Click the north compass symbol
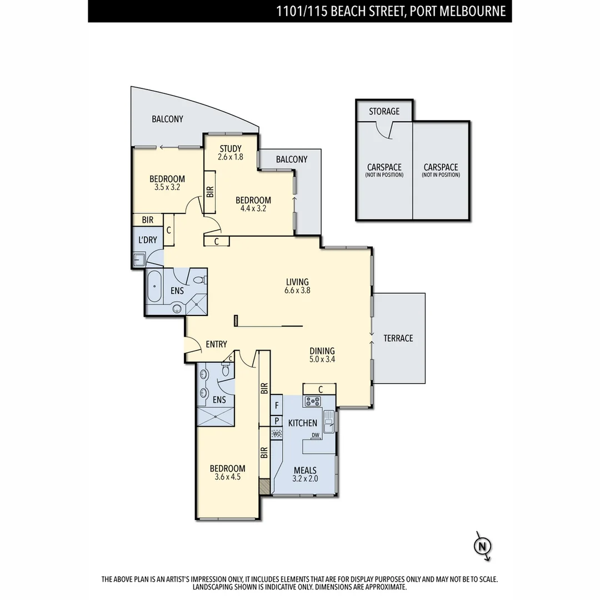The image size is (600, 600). click(482, 546)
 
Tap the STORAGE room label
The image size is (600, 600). click(384, 111)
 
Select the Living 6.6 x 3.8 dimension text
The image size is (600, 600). click(297, 291)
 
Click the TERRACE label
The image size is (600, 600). click(398, 338)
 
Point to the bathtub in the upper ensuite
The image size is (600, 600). click(154, 287)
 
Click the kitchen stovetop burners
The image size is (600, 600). click(312, 401)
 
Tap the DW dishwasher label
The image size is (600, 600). click(315, 435)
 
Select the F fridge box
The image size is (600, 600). click(277, 405)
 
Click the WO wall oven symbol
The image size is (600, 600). click(277, 433)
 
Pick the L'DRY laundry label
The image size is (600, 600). click(147, 240)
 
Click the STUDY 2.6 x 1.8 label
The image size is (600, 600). click(229, 153)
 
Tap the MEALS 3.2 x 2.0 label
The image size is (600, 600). click(304, 474)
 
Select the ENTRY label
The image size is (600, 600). click(216, 344)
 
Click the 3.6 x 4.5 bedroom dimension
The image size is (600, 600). click(227, 476)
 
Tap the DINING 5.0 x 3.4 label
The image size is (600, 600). click(322, 355)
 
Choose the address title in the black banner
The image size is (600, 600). click(391, 11)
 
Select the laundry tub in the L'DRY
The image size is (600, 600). click(139, 259)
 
